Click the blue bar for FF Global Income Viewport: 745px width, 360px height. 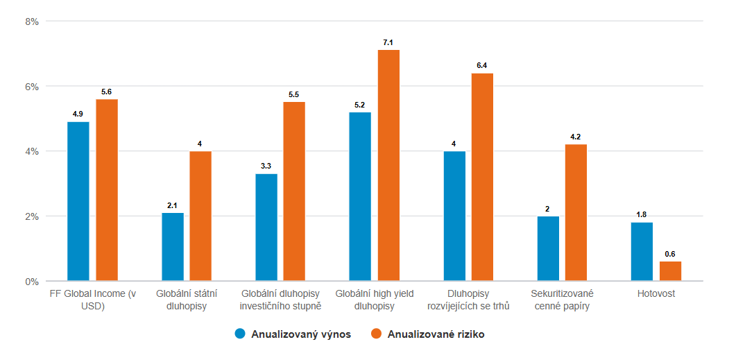(x=78, y=201)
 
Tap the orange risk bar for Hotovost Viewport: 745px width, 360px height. (x=670, y=271)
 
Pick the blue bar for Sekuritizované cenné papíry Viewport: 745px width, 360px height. (x=548, y=248)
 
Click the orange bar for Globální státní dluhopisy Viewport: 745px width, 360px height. (x=200, y=216)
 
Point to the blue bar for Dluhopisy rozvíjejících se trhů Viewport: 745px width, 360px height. (x=454, y=216)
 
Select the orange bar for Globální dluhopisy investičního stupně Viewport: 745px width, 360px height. (x=294, y=191)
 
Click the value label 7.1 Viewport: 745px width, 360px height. (x=388, y=43)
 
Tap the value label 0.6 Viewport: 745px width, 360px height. (x=670, y=255)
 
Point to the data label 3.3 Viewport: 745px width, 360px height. (x=266, y=166)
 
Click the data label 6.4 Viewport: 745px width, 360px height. (x=482, y=66)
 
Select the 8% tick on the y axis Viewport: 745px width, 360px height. (x=31, y=22)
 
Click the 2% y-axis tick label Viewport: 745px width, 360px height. (x=31, y=216)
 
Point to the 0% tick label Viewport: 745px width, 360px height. (x=31, y=282)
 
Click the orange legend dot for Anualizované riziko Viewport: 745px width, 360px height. (x=377, y=334)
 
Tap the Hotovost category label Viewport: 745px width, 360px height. (x=656, y=294)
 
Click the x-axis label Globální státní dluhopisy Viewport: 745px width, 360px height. (x=186, y=300)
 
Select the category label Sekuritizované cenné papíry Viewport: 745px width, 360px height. (x=562, y=300)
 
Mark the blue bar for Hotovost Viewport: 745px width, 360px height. (x=642, y=252)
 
